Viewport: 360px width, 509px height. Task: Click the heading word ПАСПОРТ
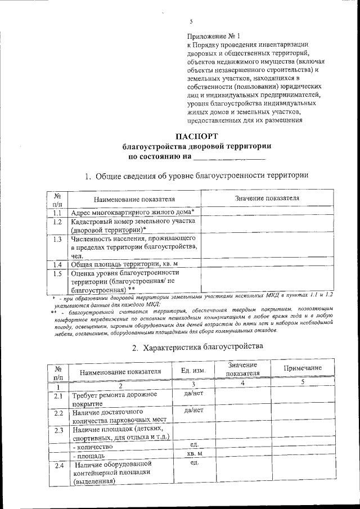coord(196,136)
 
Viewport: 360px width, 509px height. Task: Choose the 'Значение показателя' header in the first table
coord(267,198)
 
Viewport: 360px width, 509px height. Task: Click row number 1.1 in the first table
coord(57,213)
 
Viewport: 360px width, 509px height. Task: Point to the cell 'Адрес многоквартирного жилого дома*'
coord(133,212)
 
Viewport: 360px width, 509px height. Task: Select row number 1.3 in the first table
coord(57,239)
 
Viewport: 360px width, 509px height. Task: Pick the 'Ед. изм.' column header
coord(193,371)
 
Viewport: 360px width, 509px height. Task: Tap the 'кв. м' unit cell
coord(194,453)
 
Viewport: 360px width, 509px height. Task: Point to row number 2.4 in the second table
coord(58,466)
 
